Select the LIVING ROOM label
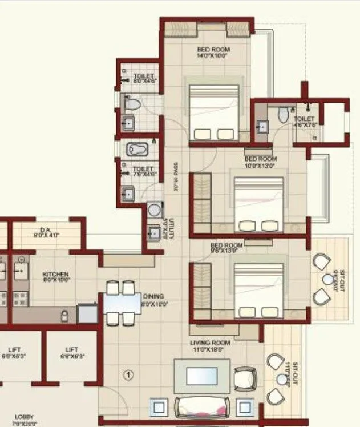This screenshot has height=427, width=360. [x=210, y=343]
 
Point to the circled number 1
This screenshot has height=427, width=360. [x=128, y=375]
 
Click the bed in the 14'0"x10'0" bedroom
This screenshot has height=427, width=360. [x=213, y=112]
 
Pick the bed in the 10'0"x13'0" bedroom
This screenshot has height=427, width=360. [x=258, y=204]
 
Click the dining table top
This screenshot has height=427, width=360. [x=122, y=303]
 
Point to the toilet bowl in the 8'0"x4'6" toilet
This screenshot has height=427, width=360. [x=132, y=104]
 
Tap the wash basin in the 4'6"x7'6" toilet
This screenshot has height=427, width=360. [x=262, y=127]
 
